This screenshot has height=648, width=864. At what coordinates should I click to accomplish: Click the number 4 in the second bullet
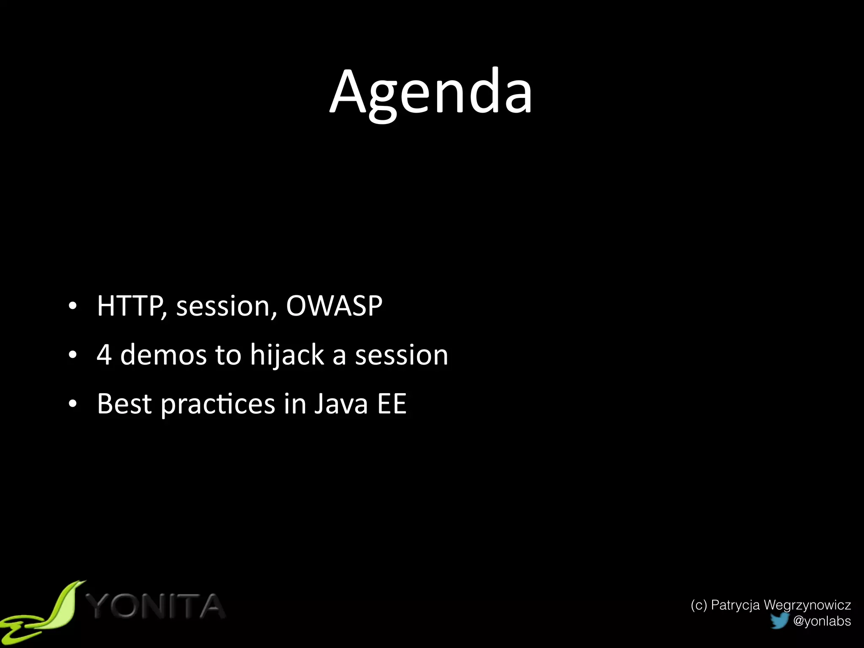(104, 354)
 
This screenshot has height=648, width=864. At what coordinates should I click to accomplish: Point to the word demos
(163, 354)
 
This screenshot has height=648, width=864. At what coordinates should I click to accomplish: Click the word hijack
(286, 355)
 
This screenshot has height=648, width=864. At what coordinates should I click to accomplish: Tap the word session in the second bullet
(401, 355)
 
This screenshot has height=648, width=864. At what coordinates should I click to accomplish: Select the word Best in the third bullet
(124, 404)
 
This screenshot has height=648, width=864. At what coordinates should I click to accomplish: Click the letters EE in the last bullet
(391, 404)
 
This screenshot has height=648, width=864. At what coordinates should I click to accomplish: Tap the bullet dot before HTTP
(73, 307)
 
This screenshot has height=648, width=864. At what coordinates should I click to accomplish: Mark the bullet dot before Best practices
(73, 405)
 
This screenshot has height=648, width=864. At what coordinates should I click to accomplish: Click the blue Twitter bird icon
(779, 621)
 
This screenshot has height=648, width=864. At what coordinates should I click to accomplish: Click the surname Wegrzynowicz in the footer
(807, 605)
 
